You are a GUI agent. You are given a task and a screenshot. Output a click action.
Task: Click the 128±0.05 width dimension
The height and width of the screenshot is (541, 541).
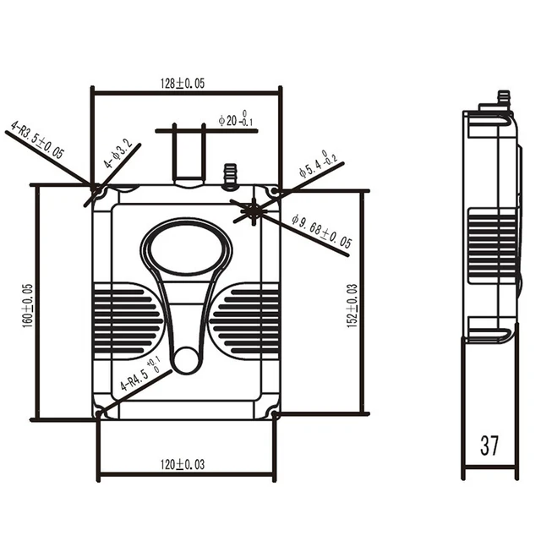[x=184, y=83]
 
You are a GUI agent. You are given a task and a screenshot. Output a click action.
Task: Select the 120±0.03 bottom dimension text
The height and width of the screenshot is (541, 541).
[x=183, y=463]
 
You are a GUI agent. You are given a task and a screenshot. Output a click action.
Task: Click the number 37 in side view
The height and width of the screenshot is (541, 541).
[x=489, y=445]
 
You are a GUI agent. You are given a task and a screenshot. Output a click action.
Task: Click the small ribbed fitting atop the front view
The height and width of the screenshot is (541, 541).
[x=227, y=175]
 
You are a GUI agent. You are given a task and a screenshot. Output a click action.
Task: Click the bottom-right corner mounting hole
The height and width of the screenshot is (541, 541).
[x=275, y=414]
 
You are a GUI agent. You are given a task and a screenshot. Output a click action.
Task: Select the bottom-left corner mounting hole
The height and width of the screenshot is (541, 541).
[x=100, y=414]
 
